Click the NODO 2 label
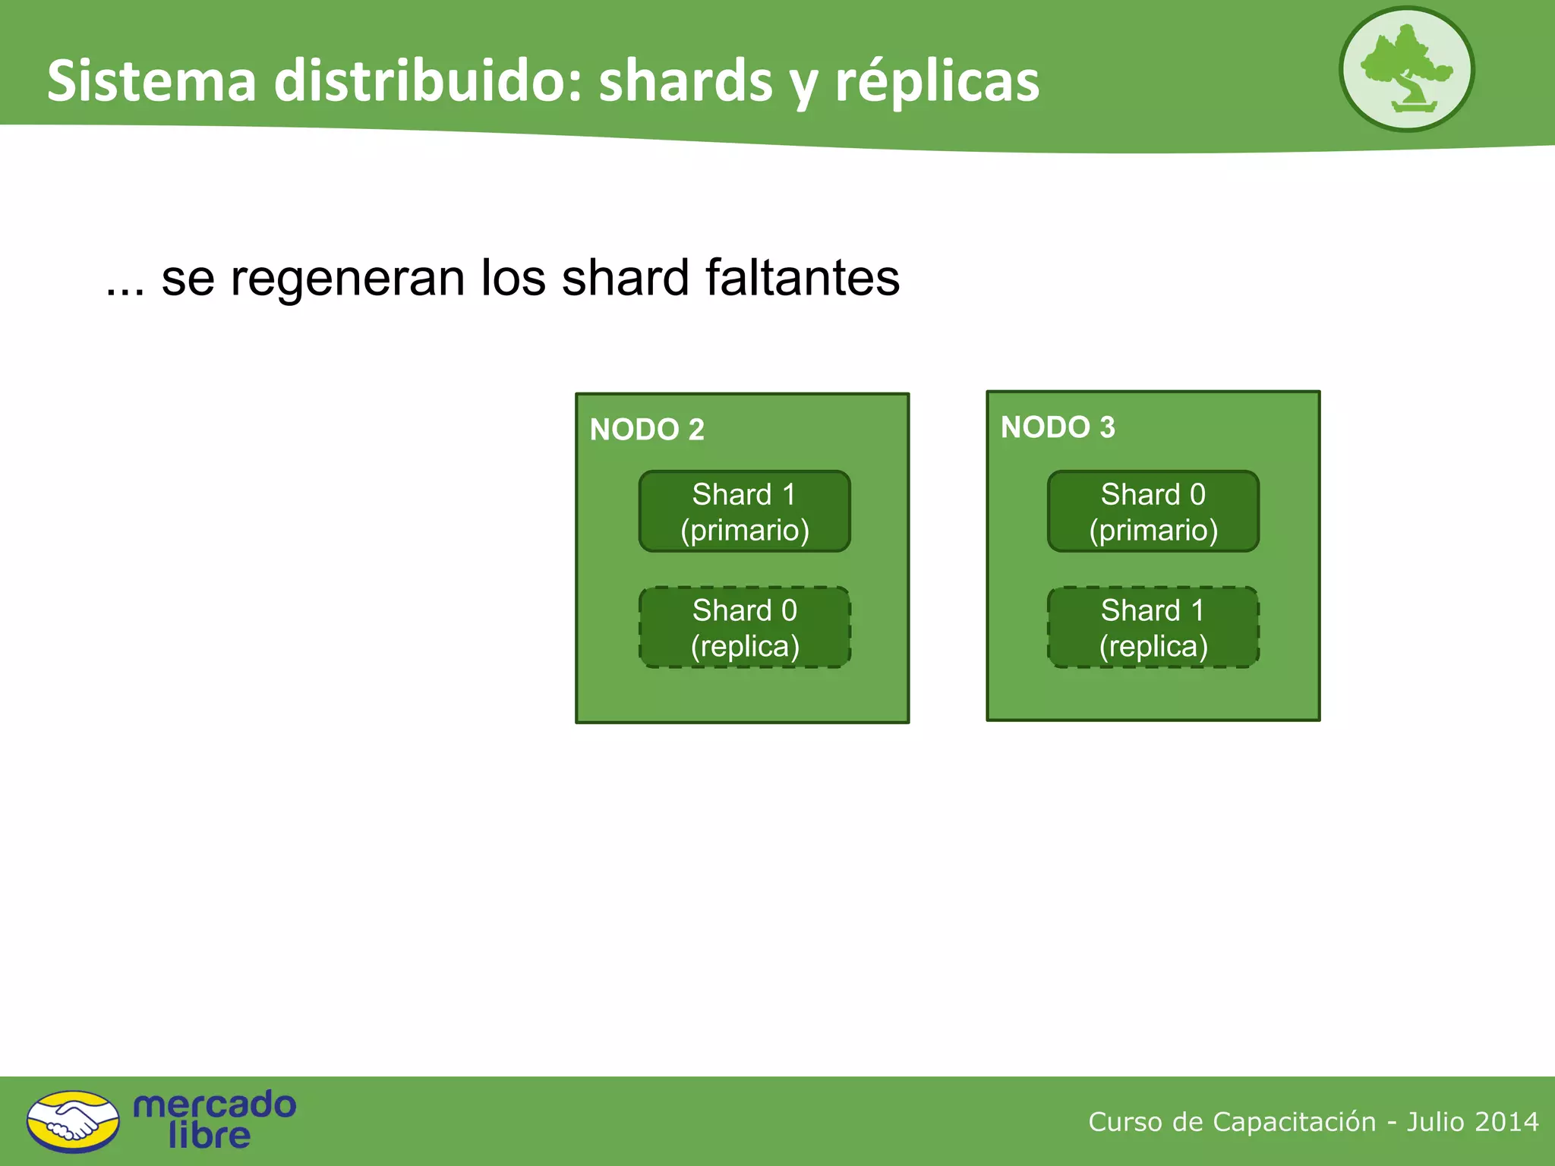pos(647,430)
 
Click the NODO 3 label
pos(1058,427)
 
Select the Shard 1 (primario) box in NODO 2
pos(744,512)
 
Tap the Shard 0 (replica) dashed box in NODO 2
pos(744,628)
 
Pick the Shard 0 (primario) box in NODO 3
pos(1153,512)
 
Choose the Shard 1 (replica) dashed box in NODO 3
pos(1153,628)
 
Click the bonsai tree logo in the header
pos(1406,70)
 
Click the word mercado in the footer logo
pos(214,1105)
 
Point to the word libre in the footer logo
pos(209,1136)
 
